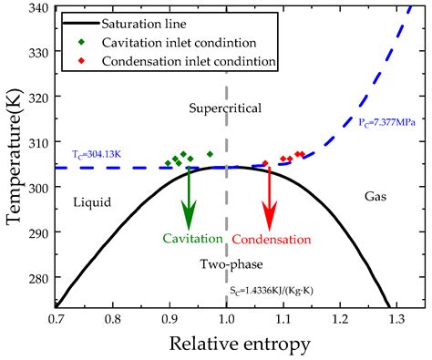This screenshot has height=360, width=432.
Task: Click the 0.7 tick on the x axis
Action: pyautogui.click(x=56, y=320)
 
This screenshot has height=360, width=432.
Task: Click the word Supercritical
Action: pyautogui.click(x=225, y=108)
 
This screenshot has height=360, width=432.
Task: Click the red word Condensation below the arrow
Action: pyautogui.click(x=271, y=239)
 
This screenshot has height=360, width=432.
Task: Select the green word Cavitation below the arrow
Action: pyautogui.click(x=192, y=239)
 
